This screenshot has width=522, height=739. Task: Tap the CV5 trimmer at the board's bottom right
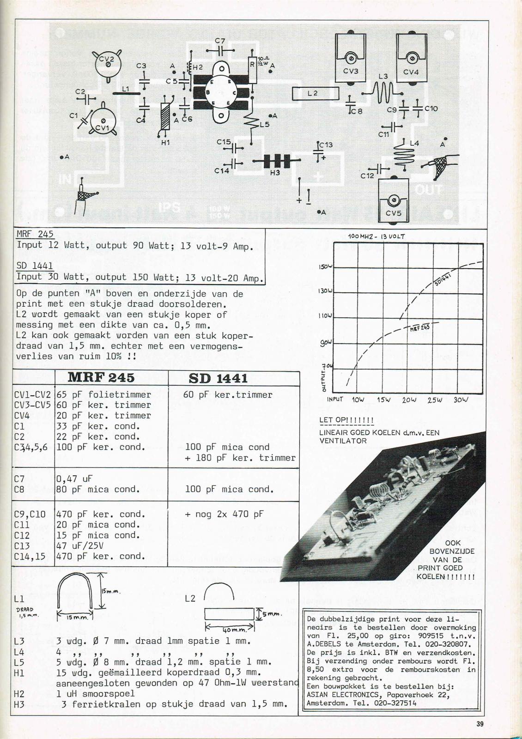click(394, 200)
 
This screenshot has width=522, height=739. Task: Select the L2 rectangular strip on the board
click(316, 93)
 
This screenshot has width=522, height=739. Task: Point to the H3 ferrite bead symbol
click(276, 161)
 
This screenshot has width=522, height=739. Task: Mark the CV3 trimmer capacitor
click(351, 59)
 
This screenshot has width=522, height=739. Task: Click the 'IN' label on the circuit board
click(65, 179)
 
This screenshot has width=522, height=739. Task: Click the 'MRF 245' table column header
click(101, 378)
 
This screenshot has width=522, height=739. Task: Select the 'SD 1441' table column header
click(218, 378)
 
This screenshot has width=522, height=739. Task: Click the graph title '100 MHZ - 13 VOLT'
click(376, 236)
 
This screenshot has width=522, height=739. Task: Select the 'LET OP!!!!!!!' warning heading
click(346, 420)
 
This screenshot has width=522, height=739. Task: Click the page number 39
click(480, 724)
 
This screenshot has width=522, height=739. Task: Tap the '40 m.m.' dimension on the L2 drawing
click(229, 630)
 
